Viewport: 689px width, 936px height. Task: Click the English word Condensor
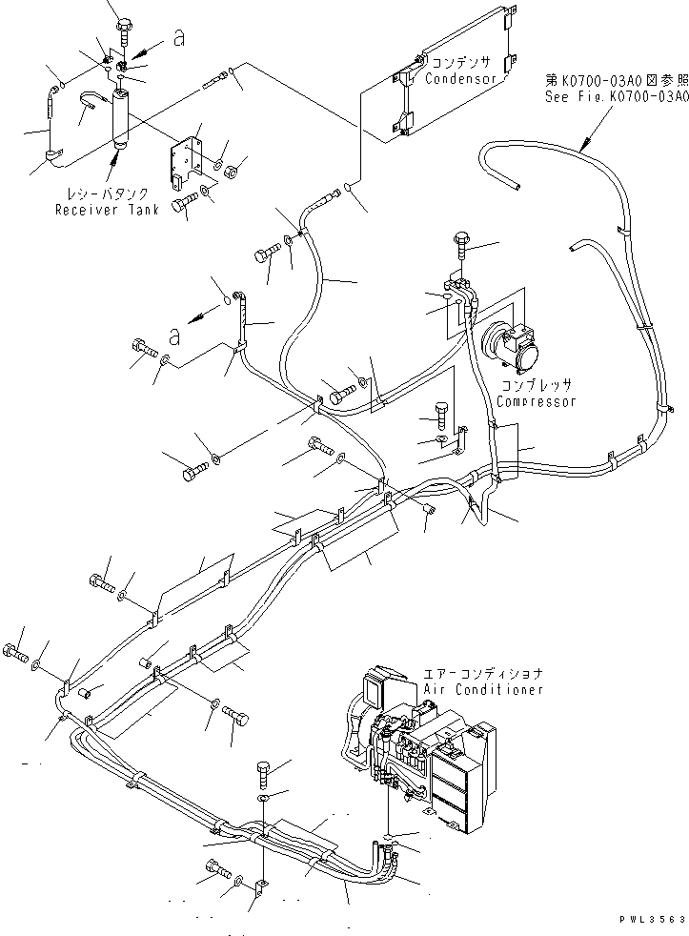tap(461, 79)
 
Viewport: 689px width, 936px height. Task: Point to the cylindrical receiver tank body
tap(123, 118)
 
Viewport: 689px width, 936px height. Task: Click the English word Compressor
tap(537, 401)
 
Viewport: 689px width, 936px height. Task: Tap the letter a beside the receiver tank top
tap(177, 37)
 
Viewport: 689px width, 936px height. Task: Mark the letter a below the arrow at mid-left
tap(173, 336)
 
